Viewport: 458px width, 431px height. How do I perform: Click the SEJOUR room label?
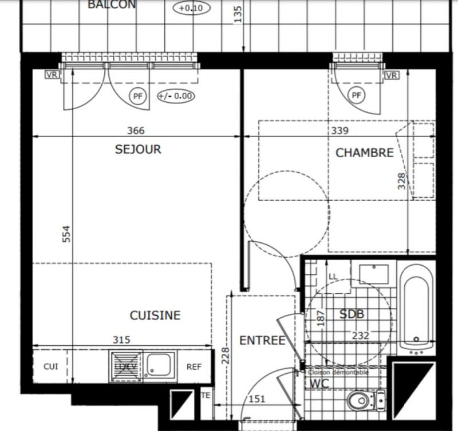[138, 150]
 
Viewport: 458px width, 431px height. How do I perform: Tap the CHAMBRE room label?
[364, 153]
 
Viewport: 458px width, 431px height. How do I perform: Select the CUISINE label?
[155, 316]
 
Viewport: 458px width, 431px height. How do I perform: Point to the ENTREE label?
[262, 341]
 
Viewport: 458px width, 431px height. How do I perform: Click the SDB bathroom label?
[352, 314]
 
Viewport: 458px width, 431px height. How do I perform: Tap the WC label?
[319, 384]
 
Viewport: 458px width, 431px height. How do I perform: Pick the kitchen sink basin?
[159, 365]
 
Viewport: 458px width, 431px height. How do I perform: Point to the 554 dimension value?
[66, 234]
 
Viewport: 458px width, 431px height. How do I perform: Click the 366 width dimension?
[136, 130]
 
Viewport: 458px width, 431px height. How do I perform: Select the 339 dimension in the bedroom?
[339, 130]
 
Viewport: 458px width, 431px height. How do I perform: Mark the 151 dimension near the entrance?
[257, 400]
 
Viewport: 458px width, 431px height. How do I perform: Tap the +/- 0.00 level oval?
[175, 96]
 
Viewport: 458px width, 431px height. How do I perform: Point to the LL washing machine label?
[333, 277]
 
